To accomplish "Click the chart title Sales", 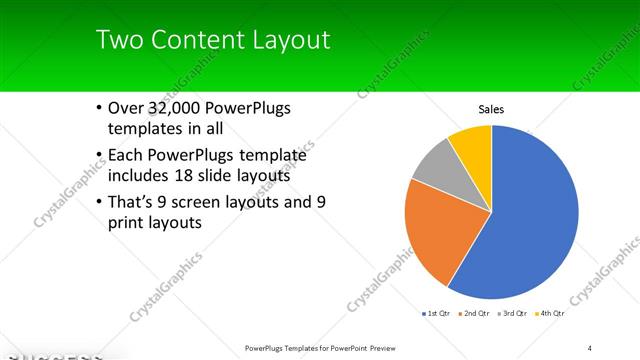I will pyautogui.click(x=491, y=109).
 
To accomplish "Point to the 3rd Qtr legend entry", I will pyautogui.click(x=511, y=314).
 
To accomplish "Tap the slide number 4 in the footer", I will pyautogui.click(x=590, y=347).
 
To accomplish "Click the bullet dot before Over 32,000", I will pyautogui.click(x=98, y=109).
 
